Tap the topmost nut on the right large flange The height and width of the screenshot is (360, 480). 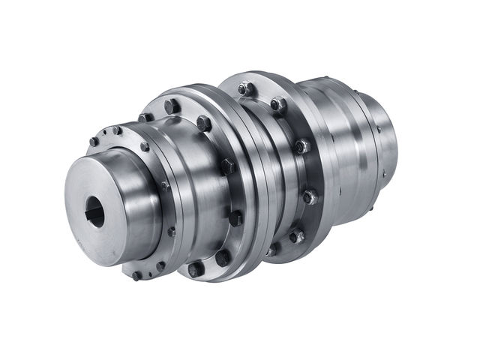(244, 89)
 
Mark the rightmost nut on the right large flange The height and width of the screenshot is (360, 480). (309, 197)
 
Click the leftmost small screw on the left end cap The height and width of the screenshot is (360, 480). (93, 142)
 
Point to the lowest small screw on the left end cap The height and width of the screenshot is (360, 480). (136, 275)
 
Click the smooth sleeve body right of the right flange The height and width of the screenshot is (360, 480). (341, 150)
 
